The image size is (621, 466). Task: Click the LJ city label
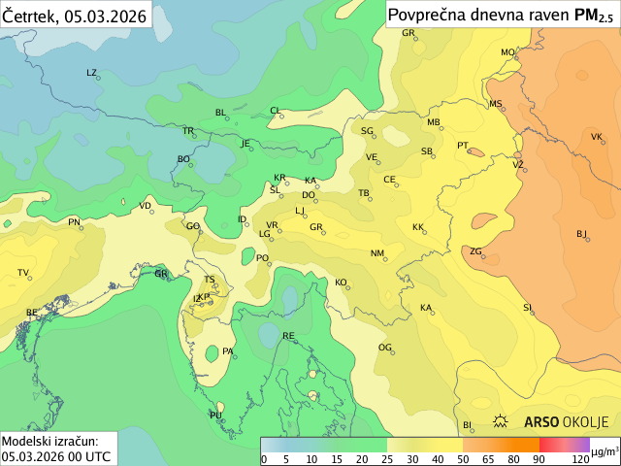[300, 211]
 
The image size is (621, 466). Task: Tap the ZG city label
[475, 251]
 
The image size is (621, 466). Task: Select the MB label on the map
[434, 122]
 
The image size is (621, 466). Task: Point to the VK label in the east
[597, 137]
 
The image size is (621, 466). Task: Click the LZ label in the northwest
[92, 73]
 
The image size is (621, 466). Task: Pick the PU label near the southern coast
[215, 416]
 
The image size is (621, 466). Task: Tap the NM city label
[377, 253]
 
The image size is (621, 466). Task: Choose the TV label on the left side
[23, 273]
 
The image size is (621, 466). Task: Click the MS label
[495, 104]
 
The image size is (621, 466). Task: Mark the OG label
[384, 348]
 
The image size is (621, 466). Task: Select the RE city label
[288, 336]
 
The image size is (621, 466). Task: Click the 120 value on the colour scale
[580, 459]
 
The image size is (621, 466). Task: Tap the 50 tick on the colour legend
[463, 459]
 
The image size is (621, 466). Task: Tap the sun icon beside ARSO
[502, 422]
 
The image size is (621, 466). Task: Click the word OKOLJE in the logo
[586, 422]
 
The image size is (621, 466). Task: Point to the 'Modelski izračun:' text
[49, 441]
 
